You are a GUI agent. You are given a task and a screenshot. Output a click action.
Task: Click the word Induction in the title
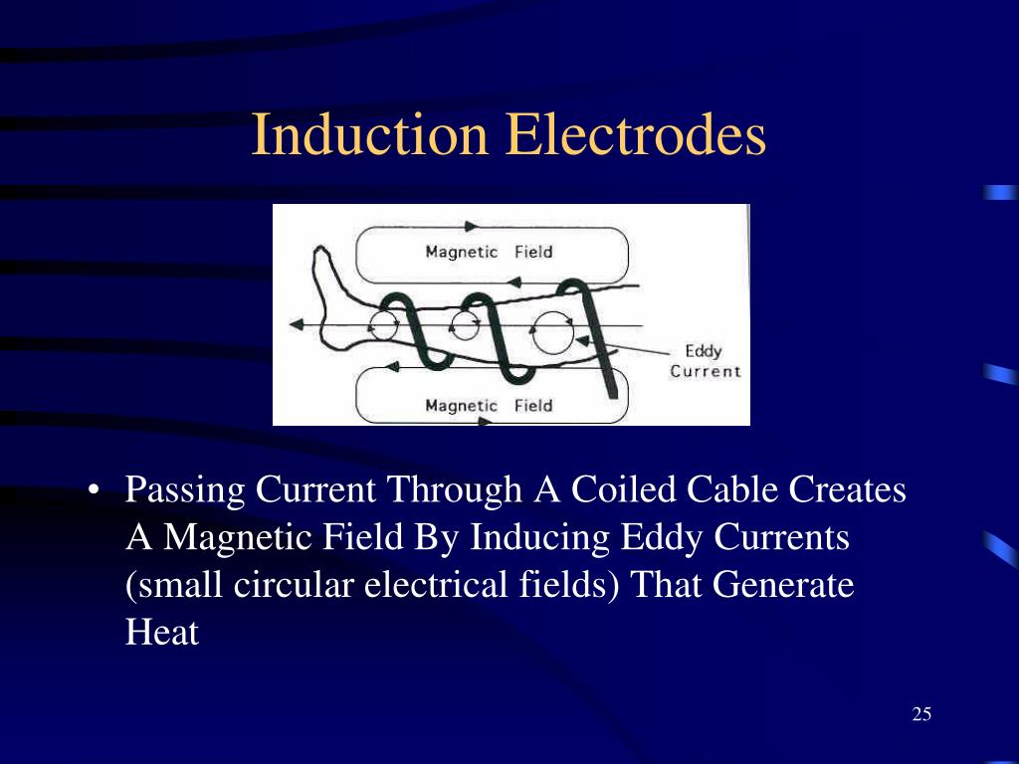[x=369, y=136]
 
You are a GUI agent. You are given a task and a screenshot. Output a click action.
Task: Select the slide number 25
[x=920, y=714]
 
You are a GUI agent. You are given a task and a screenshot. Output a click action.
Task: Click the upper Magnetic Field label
[x=489, y=252]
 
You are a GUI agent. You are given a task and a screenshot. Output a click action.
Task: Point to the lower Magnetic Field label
[x=489, y=406]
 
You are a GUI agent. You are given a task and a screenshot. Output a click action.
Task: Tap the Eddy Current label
[x=705, y=361]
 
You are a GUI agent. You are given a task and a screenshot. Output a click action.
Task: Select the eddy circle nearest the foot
[x=383, y=323]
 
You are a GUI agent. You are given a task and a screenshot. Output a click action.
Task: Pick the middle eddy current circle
[x=464, y=324]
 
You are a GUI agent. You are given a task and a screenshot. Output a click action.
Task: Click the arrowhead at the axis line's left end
[x=296, y=325]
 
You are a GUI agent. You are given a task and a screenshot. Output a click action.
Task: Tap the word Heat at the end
[x=162, y=633]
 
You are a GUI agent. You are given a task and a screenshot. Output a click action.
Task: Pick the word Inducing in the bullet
[x=541, y=538]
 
